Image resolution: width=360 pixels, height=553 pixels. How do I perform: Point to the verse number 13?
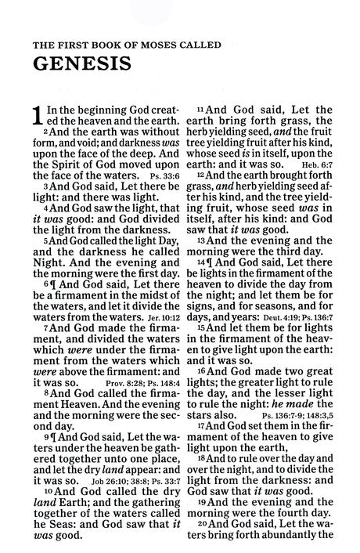(x=201, y=240)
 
